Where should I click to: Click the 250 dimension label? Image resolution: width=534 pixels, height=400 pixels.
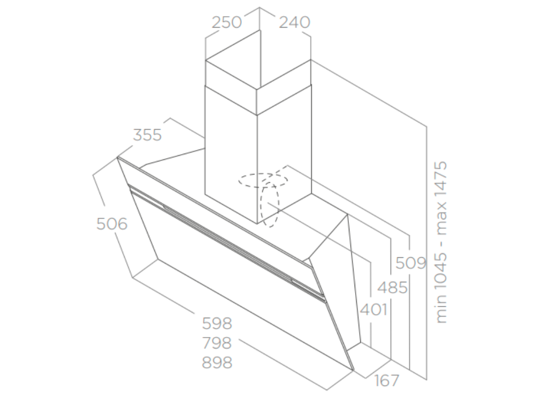[x=227, y=22]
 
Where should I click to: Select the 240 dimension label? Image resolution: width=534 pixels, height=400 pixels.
[x=294, y=22]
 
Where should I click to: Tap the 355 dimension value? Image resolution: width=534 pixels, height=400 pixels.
[x=148, y=135]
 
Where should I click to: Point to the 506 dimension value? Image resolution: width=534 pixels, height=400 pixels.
[x=112, y=224]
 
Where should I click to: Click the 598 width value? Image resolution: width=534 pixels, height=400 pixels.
[x=217, y=324]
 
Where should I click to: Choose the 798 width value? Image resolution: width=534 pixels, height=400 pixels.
[x=217, y=343]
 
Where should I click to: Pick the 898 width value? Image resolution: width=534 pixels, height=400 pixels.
[x=217, y=362]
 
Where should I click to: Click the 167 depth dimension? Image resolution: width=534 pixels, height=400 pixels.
[x=386, y=381]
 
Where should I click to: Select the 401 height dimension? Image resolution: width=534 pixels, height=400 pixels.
[x=373, y=310]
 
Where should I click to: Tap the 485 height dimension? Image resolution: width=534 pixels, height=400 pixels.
[x=392, y=287]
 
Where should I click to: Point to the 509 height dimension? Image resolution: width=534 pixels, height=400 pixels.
[x=411, y=263]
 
